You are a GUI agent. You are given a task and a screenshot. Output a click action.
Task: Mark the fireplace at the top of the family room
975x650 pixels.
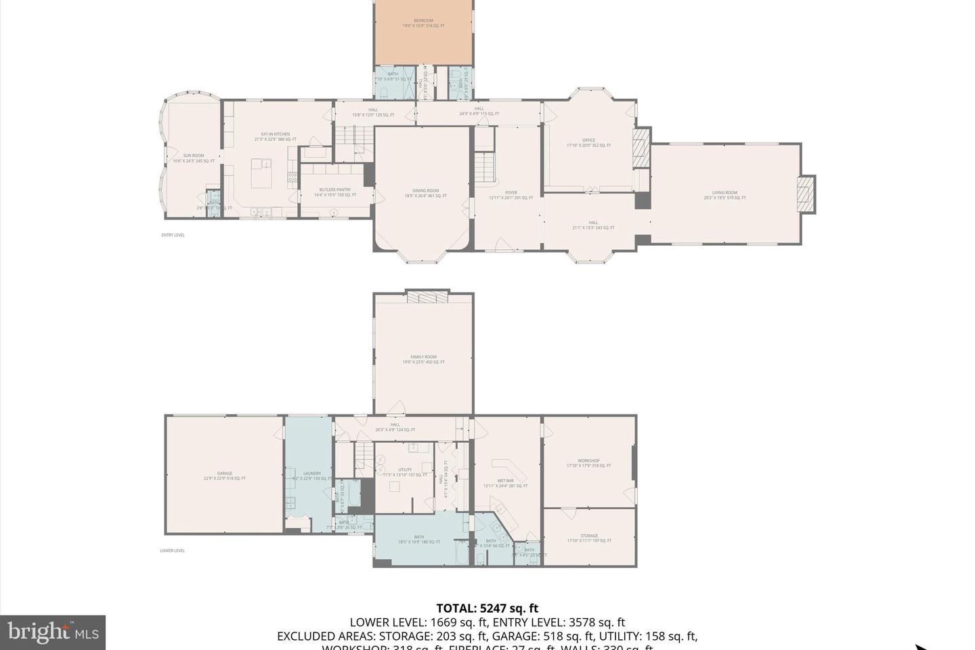[427, 299]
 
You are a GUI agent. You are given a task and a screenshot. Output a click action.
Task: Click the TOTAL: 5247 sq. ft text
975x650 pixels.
[487, 608]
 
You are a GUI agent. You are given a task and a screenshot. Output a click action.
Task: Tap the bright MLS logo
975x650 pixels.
[52, 632]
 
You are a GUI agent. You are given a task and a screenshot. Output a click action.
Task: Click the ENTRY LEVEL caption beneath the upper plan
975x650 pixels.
[173, 235]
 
